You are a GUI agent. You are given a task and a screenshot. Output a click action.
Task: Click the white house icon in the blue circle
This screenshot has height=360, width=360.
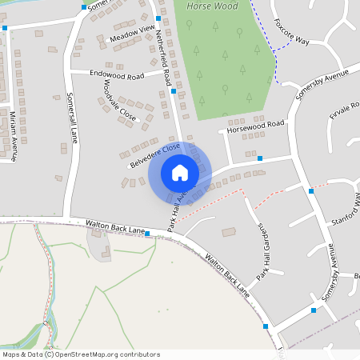(x=180, y=172)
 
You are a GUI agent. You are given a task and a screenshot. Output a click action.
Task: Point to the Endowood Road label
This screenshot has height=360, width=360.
(x=118, y=74)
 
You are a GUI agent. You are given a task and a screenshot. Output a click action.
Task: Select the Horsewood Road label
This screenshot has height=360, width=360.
(x=256, y=126)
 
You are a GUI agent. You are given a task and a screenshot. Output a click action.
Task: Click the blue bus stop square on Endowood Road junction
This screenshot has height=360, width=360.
(x=174, y=91)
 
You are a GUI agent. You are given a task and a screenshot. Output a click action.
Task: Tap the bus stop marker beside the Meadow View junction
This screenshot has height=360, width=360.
(x=158, y=18)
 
